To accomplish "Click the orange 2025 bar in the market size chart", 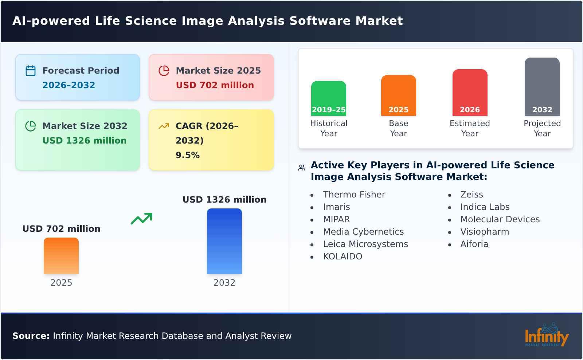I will [x=61, y=256].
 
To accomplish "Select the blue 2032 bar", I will [x=224, y=241].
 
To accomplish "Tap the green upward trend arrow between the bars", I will [x=141, y=219].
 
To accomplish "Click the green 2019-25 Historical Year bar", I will [x=328, y=98].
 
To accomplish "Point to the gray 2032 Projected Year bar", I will [x=542, y=86].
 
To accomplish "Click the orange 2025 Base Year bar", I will [x=398, y=95].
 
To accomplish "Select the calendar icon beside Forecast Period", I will [x=31, y=71].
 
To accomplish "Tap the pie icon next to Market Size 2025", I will [x=164, y=71].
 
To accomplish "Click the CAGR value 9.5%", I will [x=188, y=155].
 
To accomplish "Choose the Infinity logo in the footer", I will [x=546, y=335].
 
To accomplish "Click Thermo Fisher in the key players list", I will [x=354, y=195].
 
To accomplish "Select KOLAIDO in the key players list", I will [x=343, y=257].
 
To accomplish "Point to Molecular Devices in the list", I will [x=500, y=219].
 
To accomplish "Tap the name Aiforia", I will [x=474, y=244].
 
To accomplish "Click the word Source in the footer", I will [x=31, y=336].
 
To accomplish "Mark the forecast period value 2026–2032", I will [x=69, y=85].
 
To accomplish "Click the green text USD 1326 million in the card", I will [x=85, y=141].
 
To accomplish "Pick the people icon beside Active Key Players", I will [x=301, y=168].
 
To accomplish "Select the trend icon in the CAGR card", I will [x=164, y=126].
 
